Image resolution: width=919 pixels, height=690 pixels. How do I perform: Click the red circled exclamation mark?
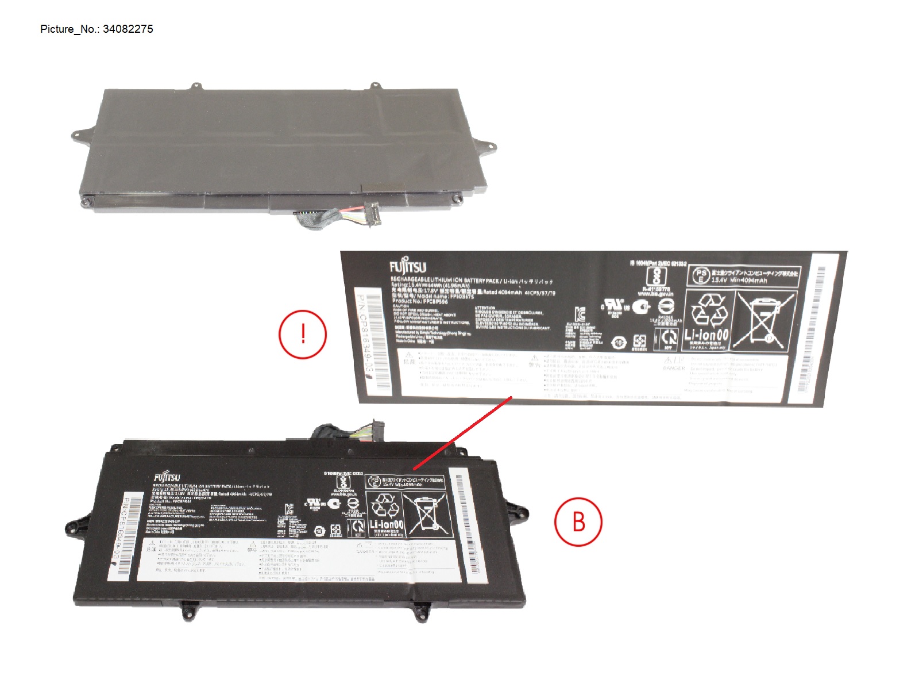click(x=303, y=334)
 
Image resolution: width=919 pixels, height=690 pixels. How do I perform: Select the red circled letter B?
click(x=578, y=522)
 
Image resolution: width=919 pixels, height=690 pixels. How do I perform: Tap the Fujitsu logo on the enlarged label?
click(x=407, y=266)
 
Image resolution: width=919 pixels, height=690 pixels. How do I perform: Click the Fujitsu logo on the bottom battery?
click(x=167, y=477)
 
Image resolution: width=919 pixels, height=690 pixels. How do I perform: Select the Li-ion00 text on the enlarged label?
click(x=706, y=335)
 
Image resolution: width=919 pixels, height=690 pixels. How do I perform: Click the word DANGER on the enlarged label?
click(x=673, y=368)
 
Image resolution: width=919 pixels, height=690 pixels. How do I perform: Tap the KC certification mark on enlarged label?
click(x=580, y=315)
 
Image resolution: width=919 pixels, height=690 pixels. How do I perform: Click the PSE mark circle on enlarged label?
click(x=700, y=275)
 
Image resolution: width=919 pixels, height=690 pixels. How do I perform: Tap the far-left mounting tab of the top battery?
click(x=78, y=134)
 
